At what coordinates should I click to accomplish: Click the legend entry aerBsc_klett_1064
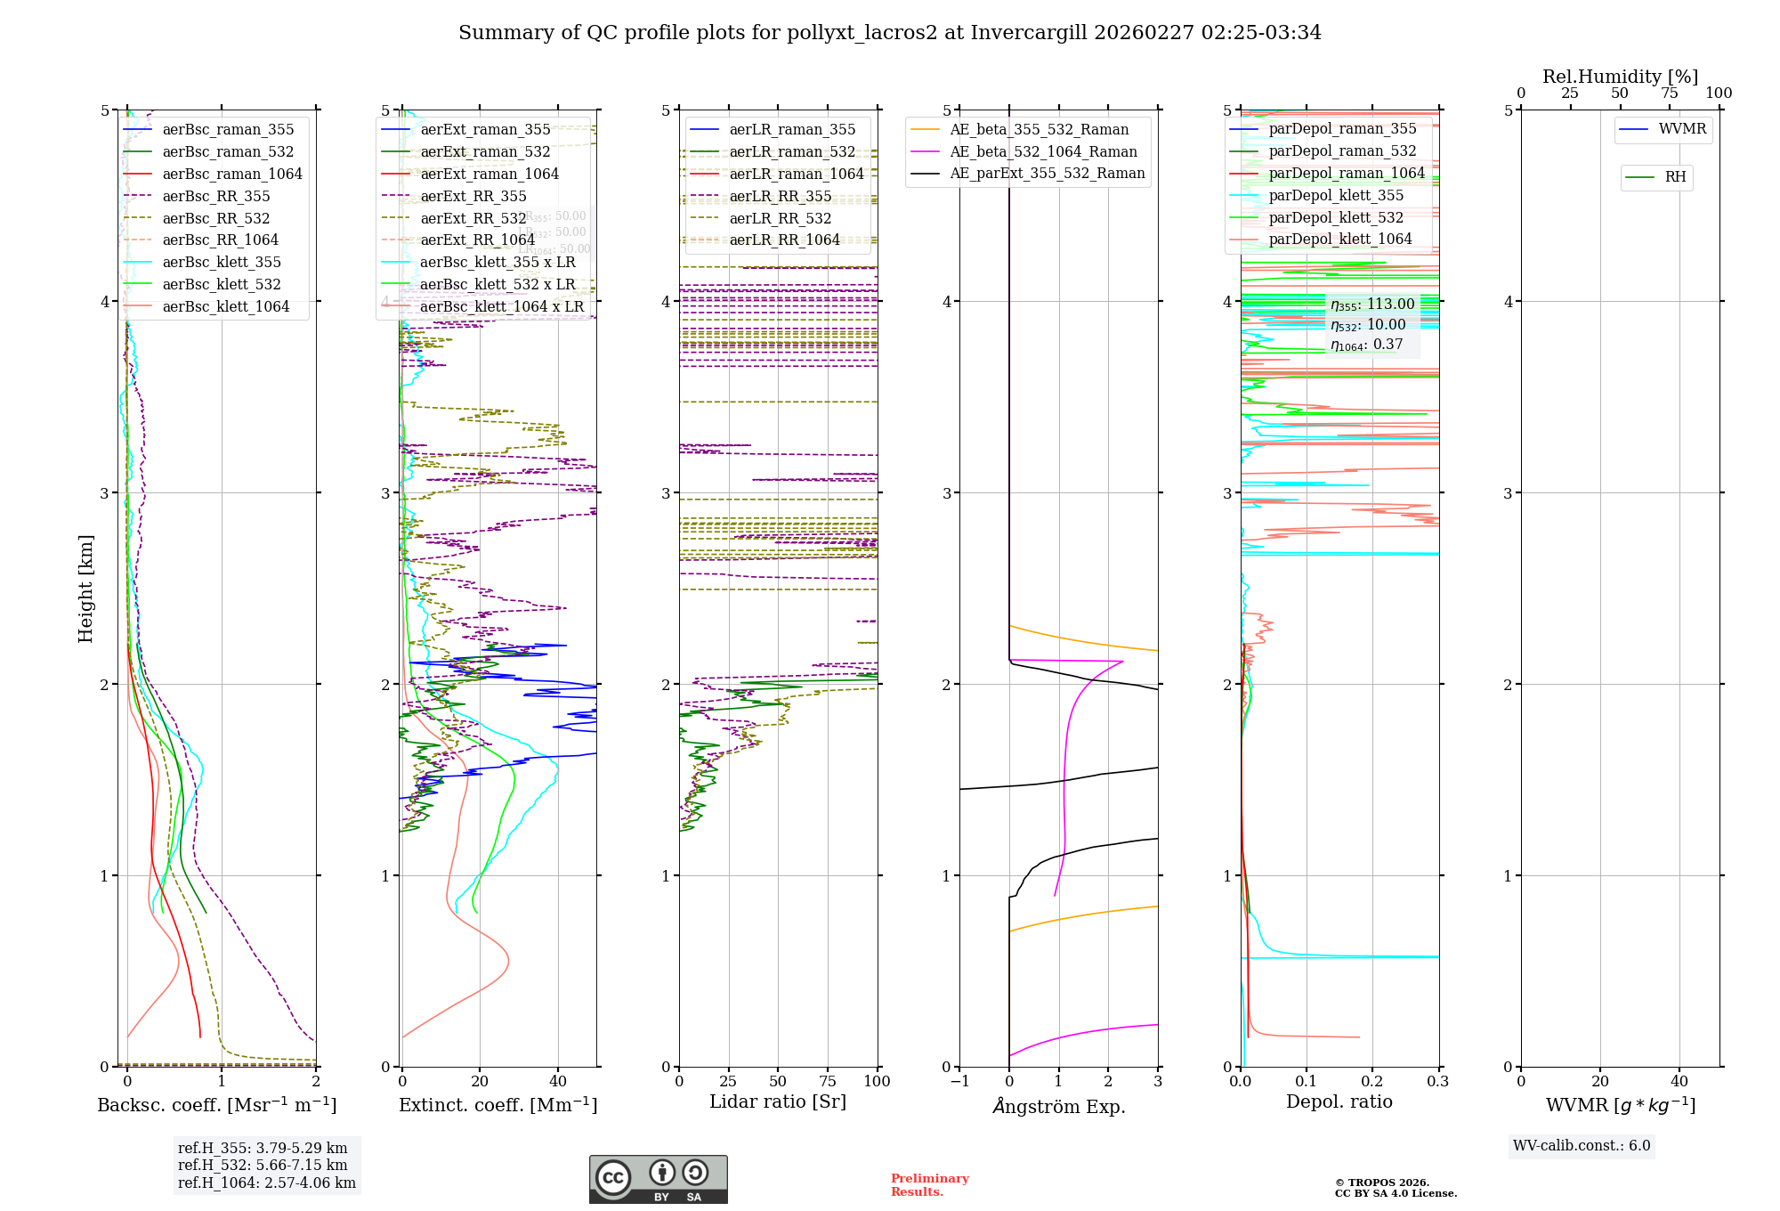pos(225,306)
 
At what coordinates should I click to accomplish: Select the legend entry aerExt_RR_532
pos(473,218)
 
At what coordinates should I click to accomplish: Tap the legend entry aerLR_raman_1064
pos(796,174)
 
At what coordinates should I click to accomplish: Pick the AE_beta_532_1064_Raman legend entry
pos(1043,151)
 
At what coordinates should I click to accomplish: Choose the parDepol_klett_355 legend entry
pos(1335,195)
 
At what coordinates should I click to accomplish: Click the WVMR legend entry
pos(1682,129)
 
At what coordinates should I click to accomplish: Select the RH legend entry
pos(1675,177)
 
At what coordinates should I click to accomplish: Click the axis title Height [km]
pos(85,588)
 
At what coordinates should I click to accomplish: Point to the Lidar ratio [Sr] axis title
pos(777,1101)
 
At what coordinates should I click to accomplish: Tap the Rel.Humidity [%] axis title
pos(1620,77)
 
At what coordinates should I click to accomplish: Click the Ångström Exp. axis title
pos(1058,1106)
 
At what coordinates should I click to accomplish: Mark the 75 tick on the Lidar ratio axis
pos(828,1081)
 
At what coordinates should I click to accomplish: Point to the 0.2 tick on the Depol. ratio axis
pos(1372,1081)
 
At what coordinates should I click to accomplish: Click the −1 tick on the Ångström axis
pos(959,1081)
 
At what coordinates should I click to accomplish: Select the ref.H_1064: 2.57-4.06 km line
pos(266,1183)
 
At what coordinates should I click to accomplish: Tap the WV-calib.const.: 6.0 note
pos(1581,1146)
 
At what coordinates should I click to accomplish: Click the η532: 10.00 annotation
pos(1368,325)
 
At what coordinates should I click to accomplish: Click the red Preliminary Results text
pos(929,1184)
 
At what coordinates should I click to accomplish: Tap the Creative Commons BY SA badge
pos(658,1179)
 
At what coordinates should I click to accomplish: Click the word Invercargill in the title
pos(1028,33)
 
